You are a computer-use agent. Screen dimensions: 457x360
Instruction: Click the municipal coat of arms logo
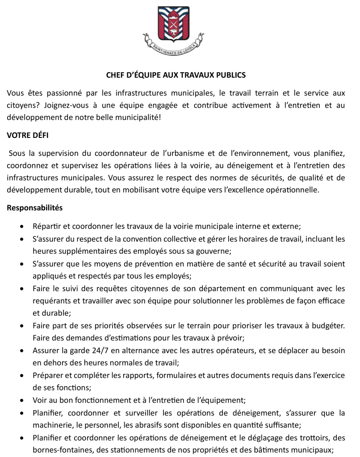(173, 31)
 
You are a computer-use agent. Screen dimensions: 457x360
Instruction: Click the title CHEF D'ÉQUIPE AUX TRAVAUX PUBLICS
(176, 75)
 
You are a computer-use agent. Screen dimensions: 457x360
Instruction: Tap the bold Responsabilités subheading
(35, 208)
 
